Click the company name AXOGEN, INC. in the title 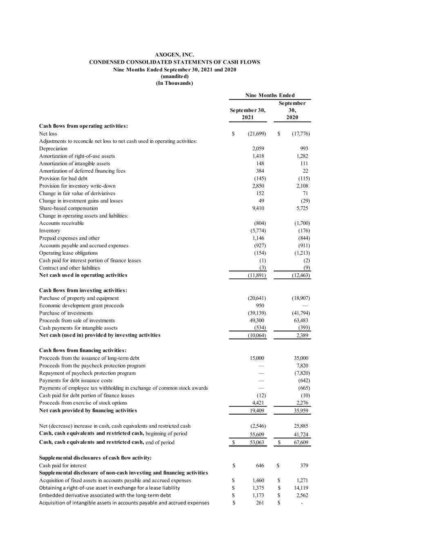[174, 55]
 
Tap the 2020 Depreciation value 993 [304, 149]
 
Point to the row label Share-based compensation [68, 208]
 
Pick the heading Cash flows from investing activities [83, 290]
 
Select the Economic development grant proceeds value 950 [259, 306]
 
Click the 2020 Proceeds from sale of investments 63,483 [301, 320]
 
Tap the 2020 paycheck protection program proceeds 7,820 [302, 366]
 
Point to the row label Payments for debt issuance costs [76, 380]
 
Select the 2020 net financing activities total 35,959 [301, 411]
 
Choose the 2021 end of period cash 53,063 [257, 442]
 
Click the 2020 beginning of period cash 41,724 [301, 435]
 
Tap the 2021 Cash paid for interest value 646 [260, 466]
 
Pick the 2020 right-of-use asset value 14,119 [301, 488]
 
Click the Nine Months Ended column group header [270, 95]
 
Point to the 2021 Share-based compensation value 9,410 [258, 208]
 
